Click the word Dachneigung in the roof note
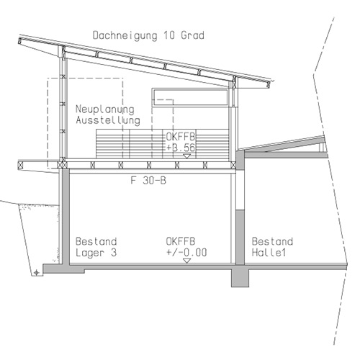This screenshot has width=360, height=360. coord(125,35)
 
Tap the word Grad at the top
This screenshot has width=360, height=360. coord(192,35)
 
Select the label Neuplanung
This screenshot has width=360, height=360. coord(105,109)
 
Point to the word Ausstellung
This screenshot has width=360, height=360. coord(108,120)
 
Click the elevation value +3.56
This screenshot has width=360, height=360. coord(181,148)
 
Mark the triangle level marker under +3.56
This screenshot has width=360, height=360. coord(186,156)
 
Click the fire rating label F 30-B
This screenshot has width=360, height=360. coord(148,180)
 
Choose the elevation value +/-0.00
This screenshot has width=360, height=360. coord(186,253)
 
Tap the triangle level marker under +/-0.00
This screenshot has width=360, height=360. coord(186,261)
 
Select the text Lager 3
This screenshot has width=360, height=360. coord(96,253)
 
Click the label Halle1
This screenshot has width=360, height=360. coord(269,253)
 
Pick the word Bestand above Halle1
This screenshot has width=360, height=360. coord(272,241)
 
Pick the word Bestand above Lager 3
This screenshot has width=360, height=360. coord(96,241)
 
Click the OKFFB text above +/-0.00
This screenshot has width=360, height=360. coord(181,241)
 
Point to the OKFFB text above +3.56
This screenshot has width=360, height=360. coord(181,137)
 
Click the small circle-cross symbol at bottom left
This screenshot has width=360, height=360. coord(37,272)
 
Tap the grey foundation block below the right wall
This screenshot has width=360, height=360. coord(240,278)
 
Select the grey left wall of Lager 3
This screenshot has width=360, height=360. coord(64,216)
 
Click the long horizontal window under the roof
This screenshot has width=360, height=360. coord(190,97)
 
